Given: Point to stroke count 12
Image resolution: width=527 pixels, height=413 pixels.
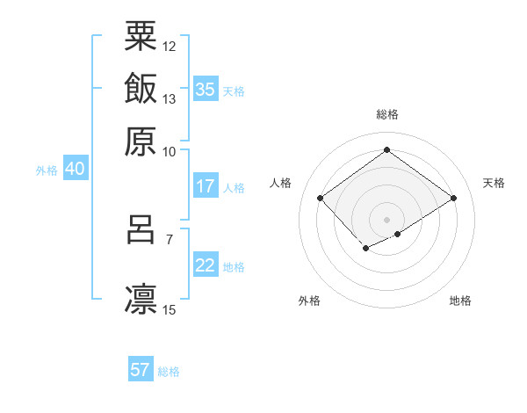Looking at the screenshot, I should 170,46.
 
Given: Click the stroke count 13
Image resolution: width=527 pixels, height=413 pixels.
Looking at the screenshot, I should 170,98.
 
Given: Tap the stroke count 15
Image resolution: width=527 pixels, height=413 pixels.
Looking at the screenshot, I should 170,309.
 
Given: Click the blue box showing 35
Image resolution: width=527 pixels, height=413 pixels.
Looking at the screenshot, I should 206,90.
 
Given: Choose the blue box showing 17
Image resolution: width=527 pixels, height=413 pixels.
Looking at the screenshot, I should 206,186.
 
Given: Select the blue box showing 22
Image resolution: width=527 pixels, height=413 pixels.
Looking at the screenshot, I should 206,265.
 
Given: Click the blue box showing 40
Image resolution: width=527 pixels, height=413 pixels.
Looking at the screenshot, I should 75,169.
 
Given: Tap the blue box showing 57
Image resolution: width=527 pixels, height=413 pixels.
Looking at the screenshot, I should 141,370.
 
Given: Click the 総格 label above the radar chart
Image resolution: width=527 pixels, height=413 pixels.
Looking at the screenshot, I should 387,114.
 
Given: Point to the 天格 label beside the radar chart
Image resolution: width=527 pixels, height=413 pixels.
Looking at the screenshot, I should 494,183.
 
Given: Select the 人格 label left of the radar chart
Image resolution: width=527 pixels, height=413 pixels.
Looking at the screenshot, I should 281,183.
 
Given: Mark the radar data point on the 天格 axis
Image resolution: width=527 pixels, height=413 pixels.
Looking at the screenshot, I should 454,198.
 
